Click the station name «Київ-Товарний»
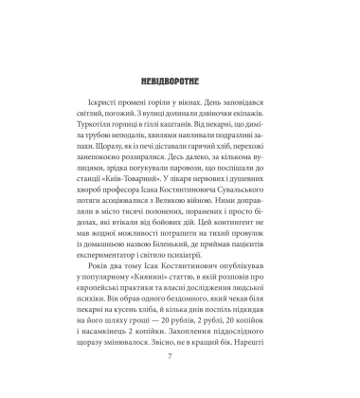pyautogui.click(x=131, y=189)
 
